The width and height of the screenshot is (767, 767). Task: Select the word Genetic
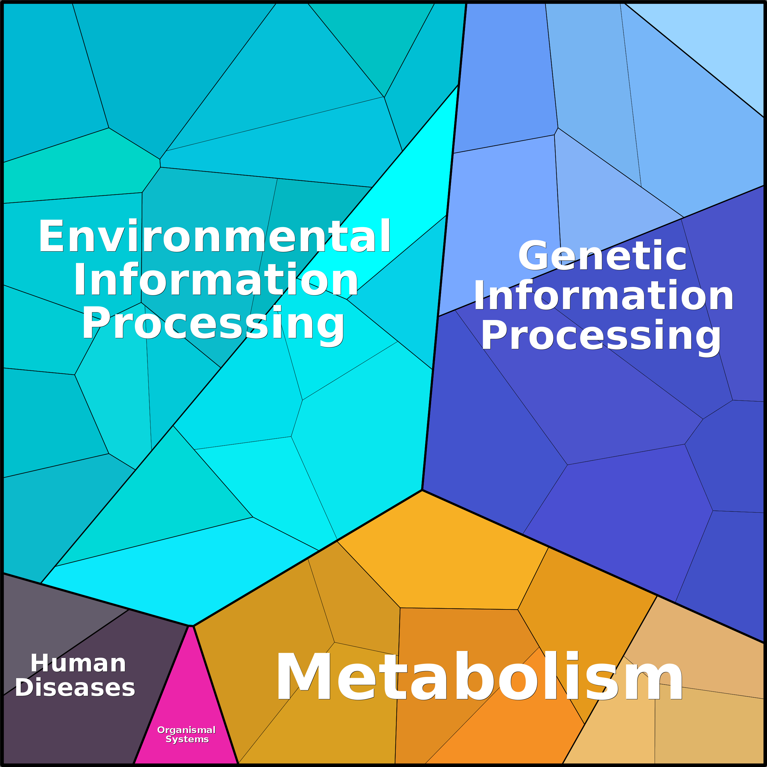click(x=602, y=256)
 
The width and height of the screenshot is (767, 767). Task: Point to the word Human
click(x=78, y=663)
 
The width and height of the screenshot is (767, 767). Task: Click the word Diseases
click(x=75, y=688)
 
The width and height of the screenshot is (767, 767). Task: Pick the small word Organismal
click(x=186, y=730)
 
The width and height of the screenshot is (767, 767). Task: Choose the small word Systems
click(x=187, y=739)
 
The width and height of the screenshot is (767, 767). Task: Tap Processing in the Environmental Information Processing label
click(x=213, y=324)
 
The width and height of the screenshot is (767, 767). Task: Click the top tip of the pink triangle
click(x=191, y=626)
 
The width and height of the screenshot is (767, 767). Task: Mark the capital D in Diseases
click(x=25, y=688)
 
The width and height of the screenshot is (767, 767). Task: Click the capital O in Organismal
click(x=161, y=730)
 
